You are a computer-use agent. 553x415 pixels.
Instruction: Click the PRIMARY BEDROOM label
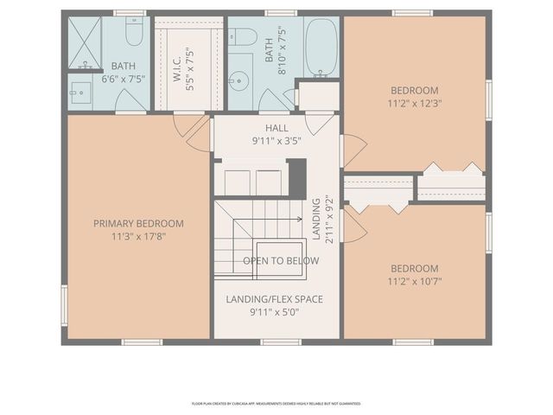point(138,223)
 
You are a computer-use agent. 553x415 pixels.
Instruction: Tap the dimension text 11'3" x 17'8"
point(138,236)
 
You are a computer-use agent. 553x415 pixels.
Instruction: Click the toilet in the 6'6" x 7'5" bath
point(133,33)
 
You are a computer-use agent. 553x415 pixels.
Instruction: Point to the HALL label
point(276,128)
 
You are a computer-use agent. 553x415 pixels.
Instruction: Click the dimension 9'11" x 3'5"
point(276,140)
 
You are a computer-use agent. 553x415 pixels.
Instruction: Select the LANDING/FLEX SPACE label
point(275,299)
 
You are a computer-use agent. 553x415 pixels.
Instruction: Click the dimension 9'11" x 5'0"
point(275,313)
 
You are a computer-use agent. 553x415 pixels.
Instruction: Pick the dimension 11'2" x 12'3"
point(414,103)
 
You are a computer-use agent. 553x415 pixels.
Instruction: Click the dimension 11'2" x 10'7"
point(414,281)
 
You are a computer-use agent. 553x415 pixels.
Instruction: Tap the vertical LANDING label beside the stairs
point(317,220)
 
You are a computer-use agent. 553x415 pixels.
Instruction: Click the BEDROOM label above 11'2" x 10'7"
point(414,268)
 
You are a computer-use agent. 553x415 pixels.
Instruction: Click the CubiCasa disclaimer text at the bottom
point(276,404)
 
